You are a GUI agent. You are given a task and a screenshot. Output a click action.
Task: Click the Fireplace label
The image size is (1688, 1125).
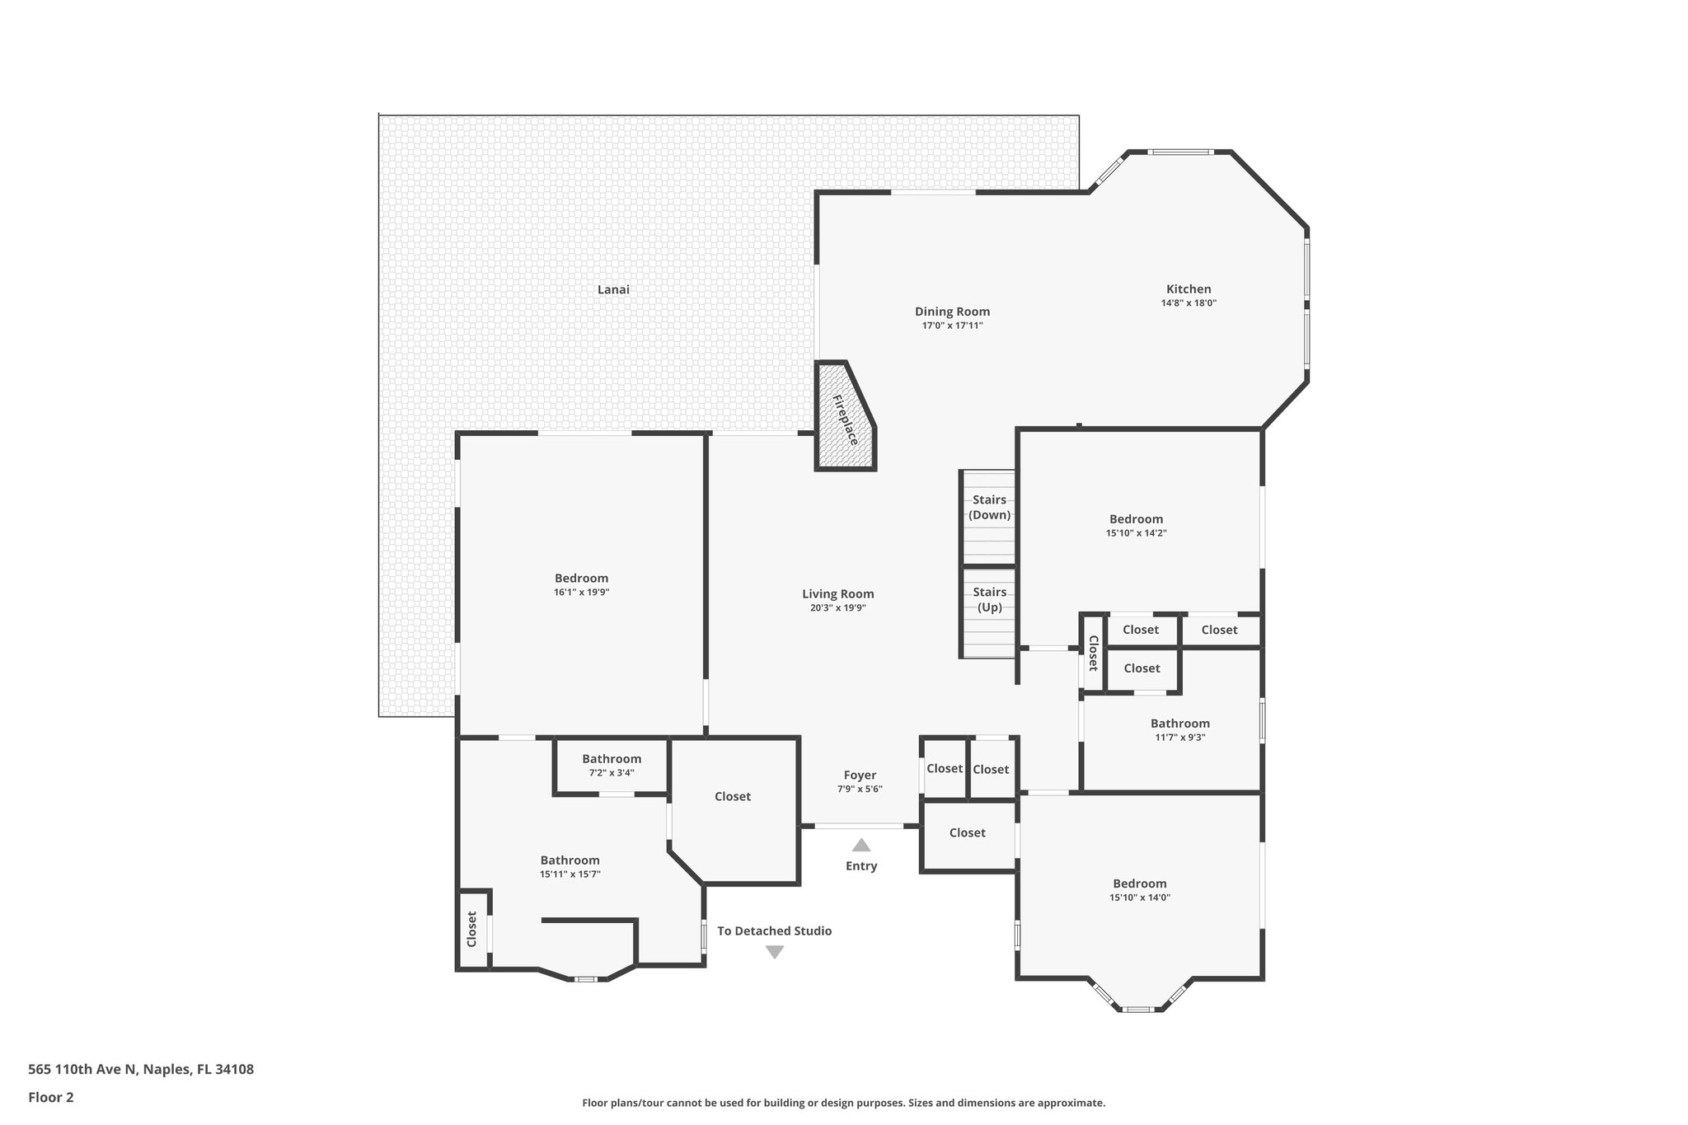pyautogui.click(x=846, y=420)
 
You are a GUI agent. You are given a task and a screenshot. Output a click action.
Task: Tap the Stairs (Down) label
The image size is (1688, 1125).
pyautogui.click(x=989, y=507)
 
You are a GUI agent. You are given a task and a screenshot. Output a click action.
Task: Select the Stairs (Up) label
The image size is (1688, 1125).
pyautogui.click(x=989, y=599)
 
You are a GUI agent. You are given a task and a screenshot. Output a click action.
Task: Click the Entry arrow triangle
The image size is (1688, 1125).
pyautogui.click(x=860, y=845)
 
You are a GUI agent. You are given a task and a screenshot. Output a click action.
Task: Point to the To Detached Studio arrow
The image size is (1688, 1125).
pyautogui.click(x=774, y=952)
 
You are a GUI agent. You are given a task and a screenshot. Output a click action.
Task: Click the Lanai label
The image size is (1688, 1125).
pyautogui.click(x=613, y=289)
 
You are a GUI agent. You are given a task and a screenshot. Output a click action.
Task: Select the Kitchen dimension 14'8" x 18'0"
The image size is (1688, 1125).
pyautogui.click(x=1189, y=303)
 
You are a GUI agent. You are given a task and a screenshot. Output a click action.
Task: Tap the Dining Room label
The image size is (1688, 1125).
pyautogui.click(x=952, y=312)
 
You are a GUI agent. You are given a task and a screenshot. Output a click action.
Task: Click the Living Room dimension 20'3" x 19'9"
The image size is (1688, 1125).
pyautogui.click(x=837, y=608)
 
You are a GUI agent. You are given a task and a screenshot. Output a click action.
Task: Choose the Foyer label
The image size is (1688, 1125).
pyautogui.click(x=860, y=775)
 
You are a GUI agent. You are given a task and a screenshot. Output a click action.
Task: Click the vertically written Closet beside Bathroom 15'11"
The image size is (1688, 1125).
pyautogui.click(x=472, y=928)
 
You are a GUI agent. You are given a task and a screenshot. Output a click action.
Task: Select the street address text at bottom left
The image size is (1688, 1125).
pyautogui.click(x=141, y=1069)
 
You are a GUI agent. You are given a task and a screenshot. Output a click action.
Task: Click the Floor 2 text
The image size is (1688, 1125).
pyautogui.click(x=51, y=1097)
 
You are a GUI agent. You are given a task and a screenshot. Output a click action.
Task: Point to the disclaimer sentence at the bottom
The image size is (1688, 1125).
pyautogui.click(x=843, y=1103)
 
